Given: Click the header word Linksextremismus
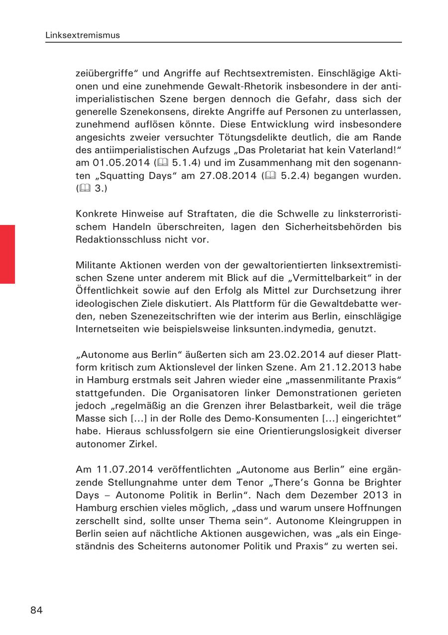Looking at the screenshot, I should (x=82, y=35).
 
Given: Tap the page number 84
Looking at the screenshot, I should (x=36, y=611).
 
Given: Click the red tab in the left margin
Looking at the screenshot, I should (x=7, y=254).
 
